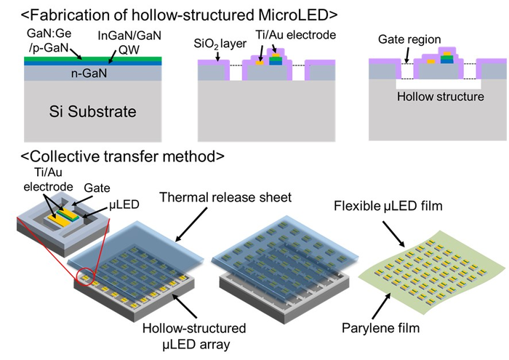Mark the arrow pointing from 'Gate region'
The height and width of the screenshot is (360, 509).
[x=395, y=54]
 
